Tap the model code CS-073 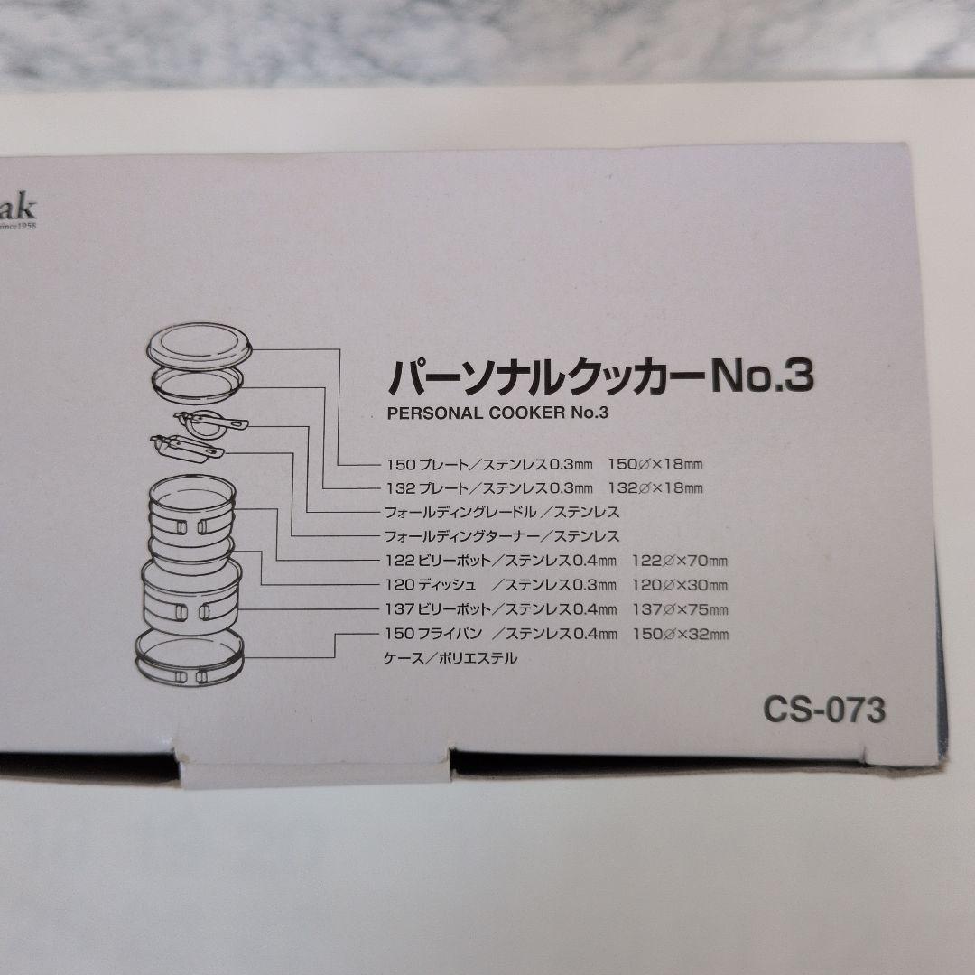(x=823, y=710)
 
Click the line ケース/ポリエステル (x=451, y=658)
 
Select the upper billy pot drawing (x=191, y=518)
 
